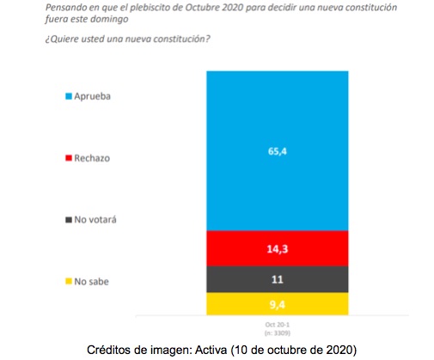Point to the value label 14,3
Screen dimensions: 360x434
(276, 249)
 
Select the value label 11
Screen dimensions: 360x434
(276, 280)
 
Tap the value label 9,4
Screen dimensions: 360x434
(276, 304)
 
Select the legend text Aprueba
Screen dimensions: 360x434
(94, 97)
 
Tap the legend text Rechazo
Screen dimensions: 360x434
(93, 158)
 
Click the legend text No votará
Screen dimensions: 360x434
(95, 219)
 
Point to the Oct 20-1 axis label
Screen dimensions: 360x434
(276, 324)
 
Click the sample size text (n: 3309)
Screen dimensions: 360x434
(276, 332)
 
